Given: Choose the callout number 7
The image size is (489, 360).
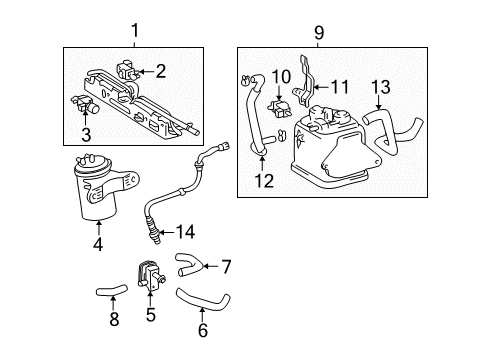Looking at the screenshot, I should tap(226, 266).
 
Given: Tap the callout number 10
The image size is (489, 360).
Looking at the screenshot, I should tap(281, 76).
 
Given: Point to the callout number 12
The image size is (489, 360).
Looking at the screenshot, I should tap(263, 181).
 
